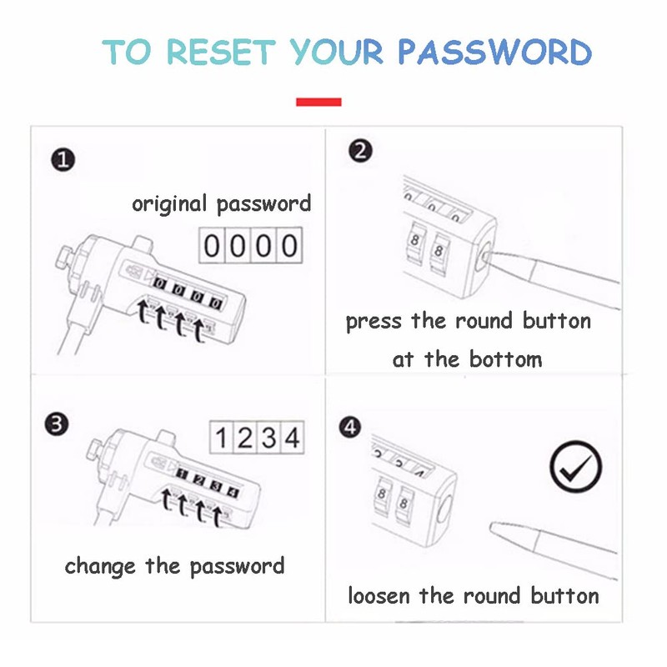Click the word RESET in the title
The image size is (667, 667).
tap(221, 52)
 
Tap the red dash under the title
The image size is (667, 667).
tap(318, 103)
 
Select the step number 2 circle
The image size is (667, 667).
tap(361, 151)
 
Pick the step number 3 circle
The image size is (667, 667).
tap(56, 424)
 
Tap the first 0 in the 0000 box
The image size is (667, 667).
tap(213, 246)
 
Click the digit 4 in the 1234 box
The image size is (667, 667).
tap(290, 438)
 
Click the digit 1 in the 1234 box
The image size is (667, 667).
tap(221, 438)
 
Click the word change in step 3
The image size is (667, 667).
tap(101, 567)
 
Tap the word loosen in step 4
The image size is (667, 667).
tap(379, 596)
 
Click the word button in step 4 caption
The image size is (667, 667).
tap(564, 596)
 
